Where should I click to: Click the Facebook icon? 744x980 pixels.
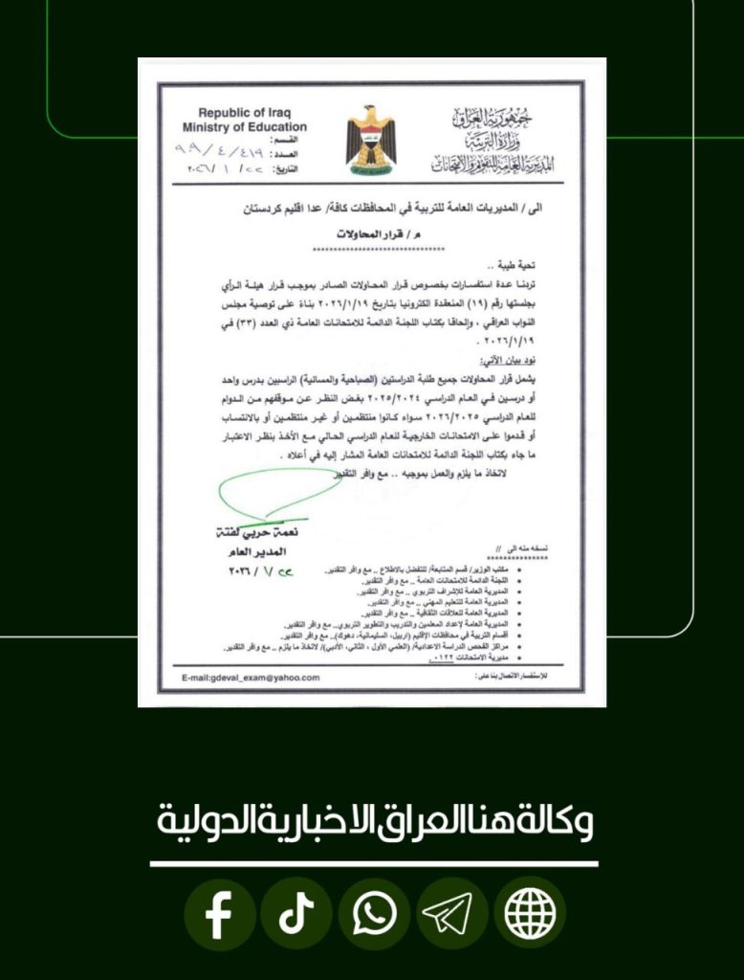click(x=219, y=916)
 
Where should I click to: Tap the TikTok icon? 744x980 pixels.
click(x=296, y=916)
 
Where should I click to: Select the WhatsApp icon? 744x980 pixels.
click(x=374, y=916)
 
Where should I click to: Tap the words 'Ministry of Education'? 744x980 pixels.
click(x=245, y=126)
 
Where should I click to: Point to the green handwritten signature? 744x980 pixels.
click(x=277, y=495)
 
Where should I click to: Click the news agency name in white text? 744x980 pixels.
click(x=374, y=821)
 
